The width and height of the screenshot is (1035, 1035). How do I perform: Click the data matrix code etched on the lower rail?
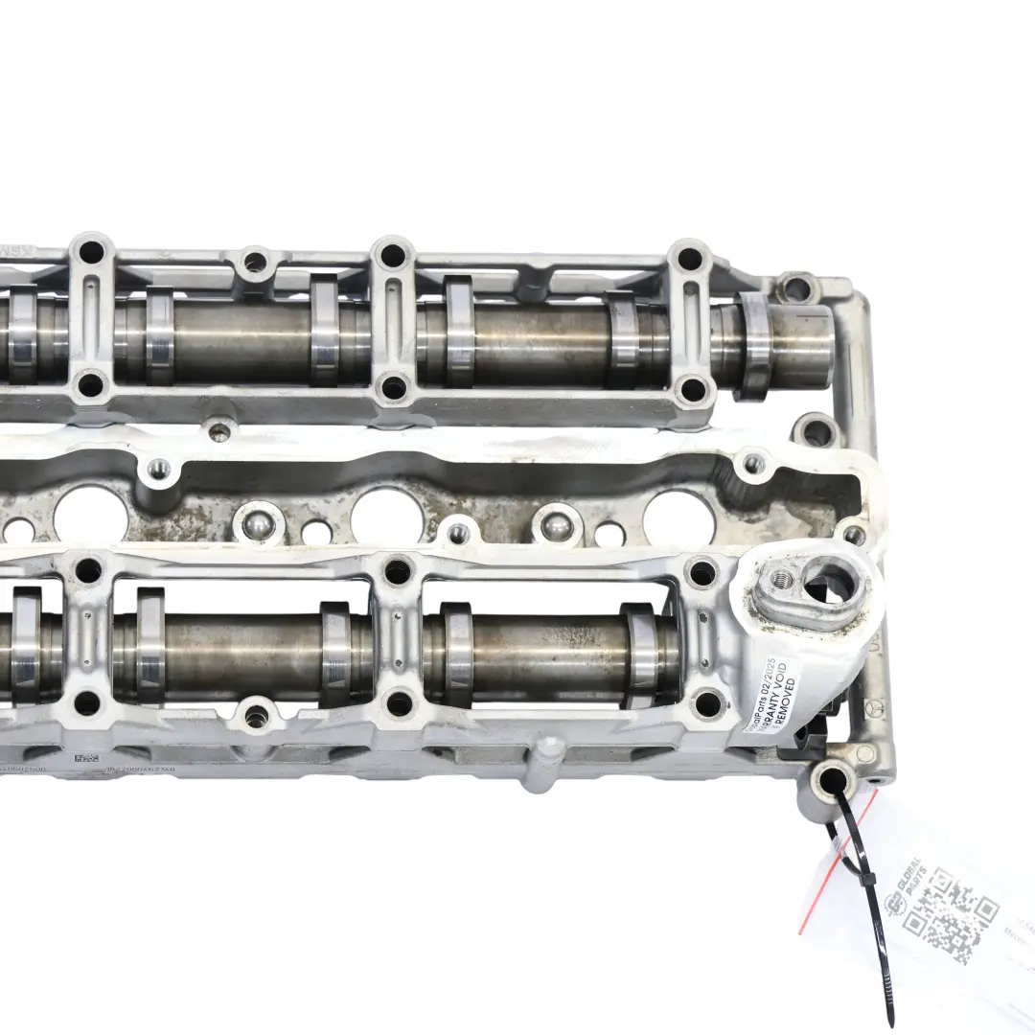coord(86,758)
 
